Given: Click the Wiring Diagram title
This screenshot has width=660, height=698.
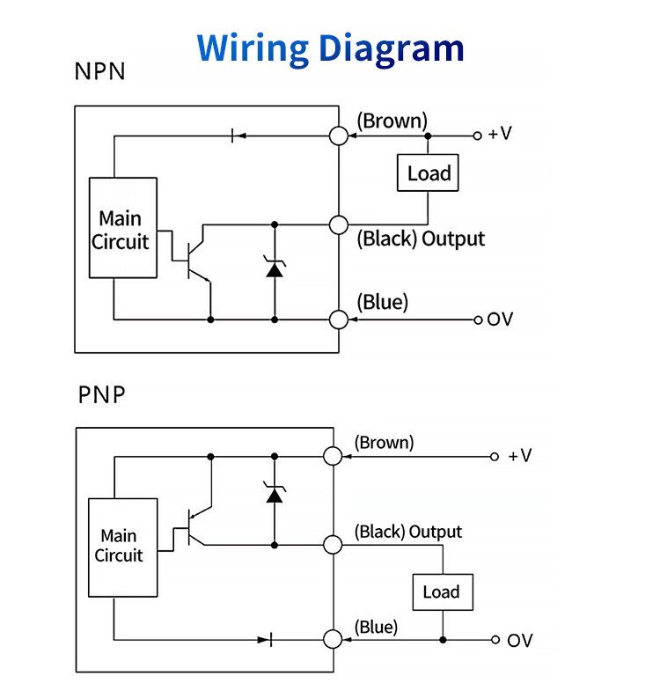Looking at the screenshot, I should pyautogui.click(x=330, y=47).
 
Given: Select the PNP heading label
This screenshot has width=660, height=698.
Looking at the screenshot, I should pyautogui.click(x=101, y=394).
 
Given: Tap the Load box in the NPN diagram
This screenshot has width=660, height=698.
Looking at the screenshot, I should pyautogui.click(x=429, y=173).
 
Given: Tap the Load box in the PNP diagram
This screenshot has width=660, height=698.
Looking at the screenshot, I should pyautogui.click(x=441, y=591).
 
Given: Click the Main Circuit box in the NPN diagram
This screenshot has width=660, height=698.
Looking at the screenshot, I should pyautogui.click(x=123, y=229).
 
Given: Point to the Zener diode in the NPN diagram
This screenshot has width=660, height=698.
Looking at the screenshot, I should pyautogui.click(x=275, y=268).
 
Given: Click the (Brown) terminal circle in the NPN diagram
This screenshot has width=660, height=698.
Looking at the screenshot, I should pyautogui.click(x=339, y=136).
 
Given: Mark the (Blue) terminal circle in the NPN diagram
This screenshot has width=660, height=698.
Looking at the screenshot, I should pyautogui.click(x=339, y=319).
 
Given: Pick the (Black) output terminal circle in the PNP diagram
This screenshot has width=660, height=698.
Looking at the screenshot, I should pyautogui.click(x=332, y=545).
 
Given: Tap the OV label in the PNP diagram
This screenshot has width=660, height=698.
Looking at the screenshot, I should pyautogui.click(x=519, y=640).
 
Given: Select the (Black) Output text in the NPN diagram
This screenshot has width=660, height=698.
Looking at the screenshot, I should pyautogui.click(x=421, y=239).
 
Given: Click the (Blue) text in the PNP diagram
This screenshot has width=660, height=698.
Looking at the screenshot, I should pyautogui.click(x=376, y=627).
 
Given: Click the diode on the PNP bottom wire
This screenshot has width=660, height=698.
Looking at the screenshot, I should pyautogui.click(x=266, y=640).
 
